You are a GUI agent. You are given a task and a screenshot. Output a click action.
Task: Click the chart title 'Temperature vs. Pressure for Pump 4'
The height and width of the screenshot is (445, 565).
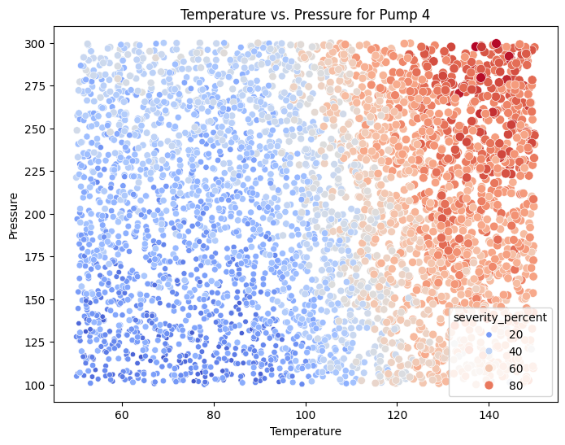coord(305,14)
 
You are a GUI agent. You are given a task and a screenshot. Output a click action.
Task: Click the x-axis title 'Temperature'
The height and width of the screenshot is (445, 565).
coord(305,430)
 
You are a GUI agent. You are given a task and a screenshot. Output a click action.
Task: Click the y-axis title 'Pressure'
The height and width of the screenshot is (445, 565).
coord(14,214)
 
